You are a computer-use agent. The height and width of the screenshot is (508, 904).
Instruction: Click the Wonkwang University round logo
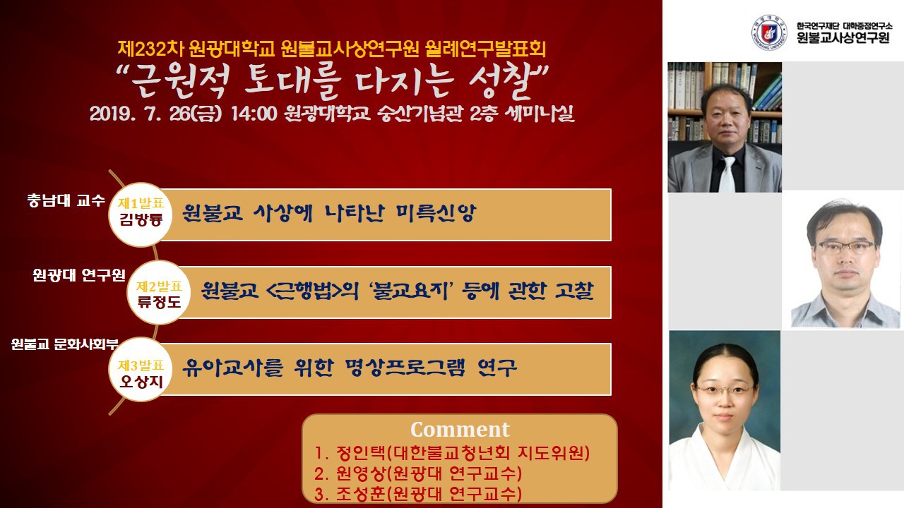(769, 32)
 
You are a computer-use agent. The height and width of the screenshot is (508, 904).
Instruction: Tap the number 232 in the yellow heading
(153, 49)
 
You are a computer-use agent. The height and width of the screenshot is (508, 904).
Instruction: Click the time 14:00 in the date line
(254, 114)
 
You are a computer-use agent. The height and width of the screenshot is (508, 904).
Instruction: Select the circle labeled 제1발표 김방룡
(141, 214)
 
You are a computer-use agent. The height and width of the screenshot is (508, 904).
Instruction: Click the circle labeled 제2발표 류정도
(159, 293)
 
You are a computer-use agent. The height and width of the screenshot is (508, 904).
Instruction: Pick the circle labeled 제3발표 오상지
(141, 369)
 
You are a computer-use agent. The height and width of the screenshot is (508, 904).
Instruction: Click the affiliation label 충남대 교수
(66, 200)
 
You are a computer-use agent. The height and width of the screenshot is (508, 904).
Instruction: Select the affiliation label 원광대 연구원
(79, 275)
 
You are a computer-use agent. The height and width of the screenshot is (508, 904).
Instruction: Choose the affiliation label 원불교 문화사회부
(64, 344)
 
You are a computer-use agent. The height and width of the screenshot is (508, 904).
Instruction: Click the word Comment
(460, 430)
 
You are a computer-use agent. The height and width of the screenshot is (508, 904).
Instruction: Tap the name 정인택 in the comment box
(361, 453)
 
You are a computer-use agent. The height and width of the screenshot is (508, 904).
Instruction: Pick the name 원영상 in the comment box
(361, 473)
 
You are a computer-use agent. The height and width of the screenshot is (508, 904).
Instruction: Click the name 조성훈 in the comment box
(361, 494)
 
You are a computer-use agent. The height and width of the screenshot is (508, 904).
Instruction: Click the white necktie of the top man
(727, 174)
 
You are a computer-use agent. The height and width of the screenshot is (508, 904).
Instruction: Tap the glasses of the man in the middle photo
(845, 246)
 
